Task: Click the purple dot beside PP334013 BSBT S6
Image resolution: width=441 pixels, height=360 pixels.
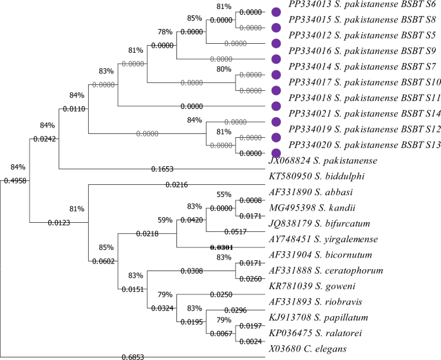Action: click(x=277, y=12)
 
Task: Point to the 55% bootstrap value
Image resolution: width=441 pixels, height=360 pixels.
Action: click(x=241, y=194)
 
